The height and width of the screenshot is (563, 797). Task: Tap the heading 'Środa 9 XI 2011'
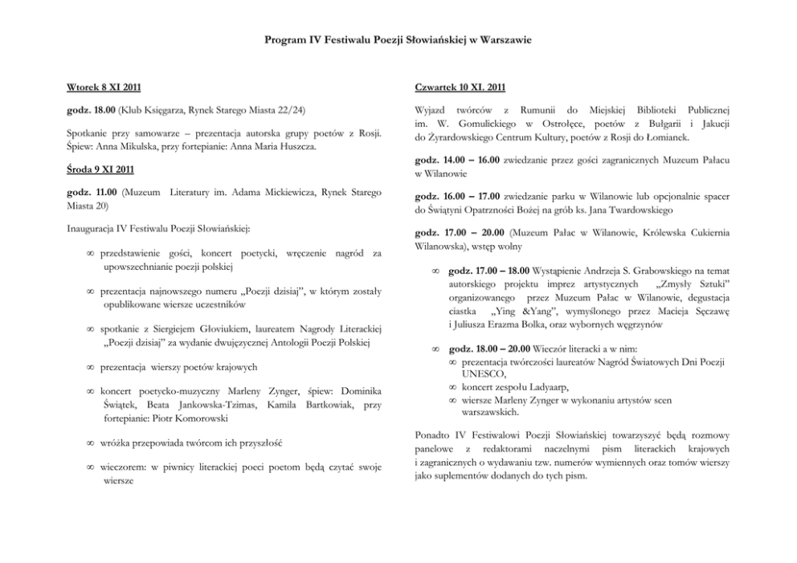[100, 170]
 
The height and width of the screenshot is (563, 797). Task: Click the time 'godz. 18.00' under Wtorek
[91, 108]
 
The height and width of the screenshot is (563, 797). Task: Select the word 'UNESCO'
[484, 374]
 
